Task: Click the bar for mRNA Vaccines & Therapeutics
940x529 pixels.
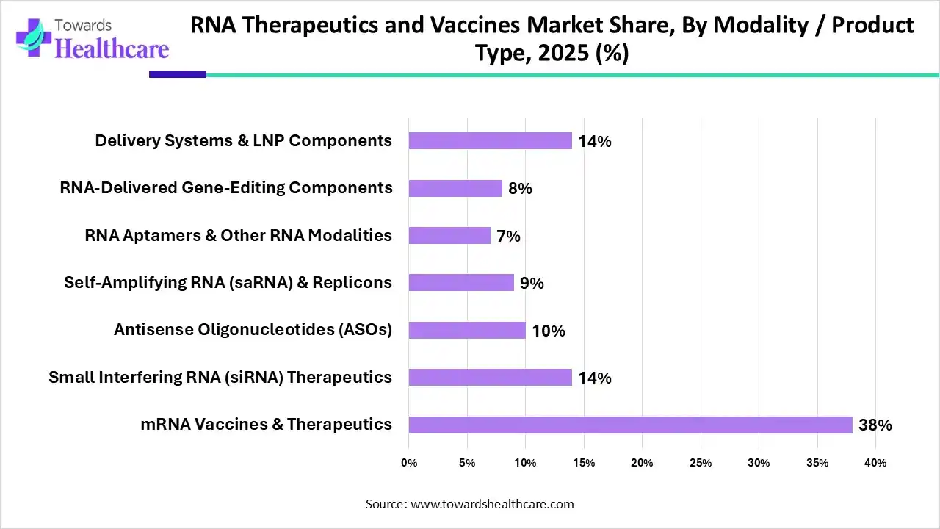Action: tap(630, 425)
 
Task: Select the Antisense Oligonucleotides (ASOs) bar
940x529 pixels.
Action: tap(467, 331)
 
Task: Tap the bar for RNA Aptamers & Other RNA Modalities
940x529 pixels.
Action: tap(449, 236)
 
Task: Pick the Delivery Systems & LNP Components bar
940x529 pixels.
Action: tap(490, 141)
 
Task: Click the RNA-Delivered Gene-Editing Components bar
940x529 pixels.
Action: tap(455, 189)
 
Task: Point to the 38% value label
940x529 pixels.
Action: tap(875, 425)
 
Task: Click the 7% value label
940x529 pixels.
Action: tap(508, 237)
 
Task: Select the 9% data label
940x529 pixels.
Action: tap(532, 284)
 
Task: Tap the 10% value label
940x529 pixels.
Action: tap(549, 331)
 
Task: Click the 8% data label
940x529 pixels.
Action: tap(520, 189)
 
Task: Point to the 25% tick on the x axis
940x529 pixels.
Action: tap(701, 463)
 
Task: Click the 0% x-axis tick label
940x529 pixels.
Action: tap(409, 463)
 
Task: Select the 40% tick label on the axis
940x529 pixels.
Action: tap(875, 463)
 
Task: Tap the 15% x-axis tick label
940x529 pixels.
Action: tap(584, 463)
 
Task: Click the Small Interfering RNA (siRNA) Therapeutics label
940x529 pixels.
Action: tap(220, 378)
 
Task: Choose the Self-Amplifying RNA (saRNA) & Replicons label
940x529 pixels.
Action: tap(228, 283)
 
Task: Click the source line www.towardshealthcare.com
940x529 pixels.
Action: tap(470, 504)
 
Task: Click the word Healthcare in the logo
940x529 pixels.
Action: tap(112, 48)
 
